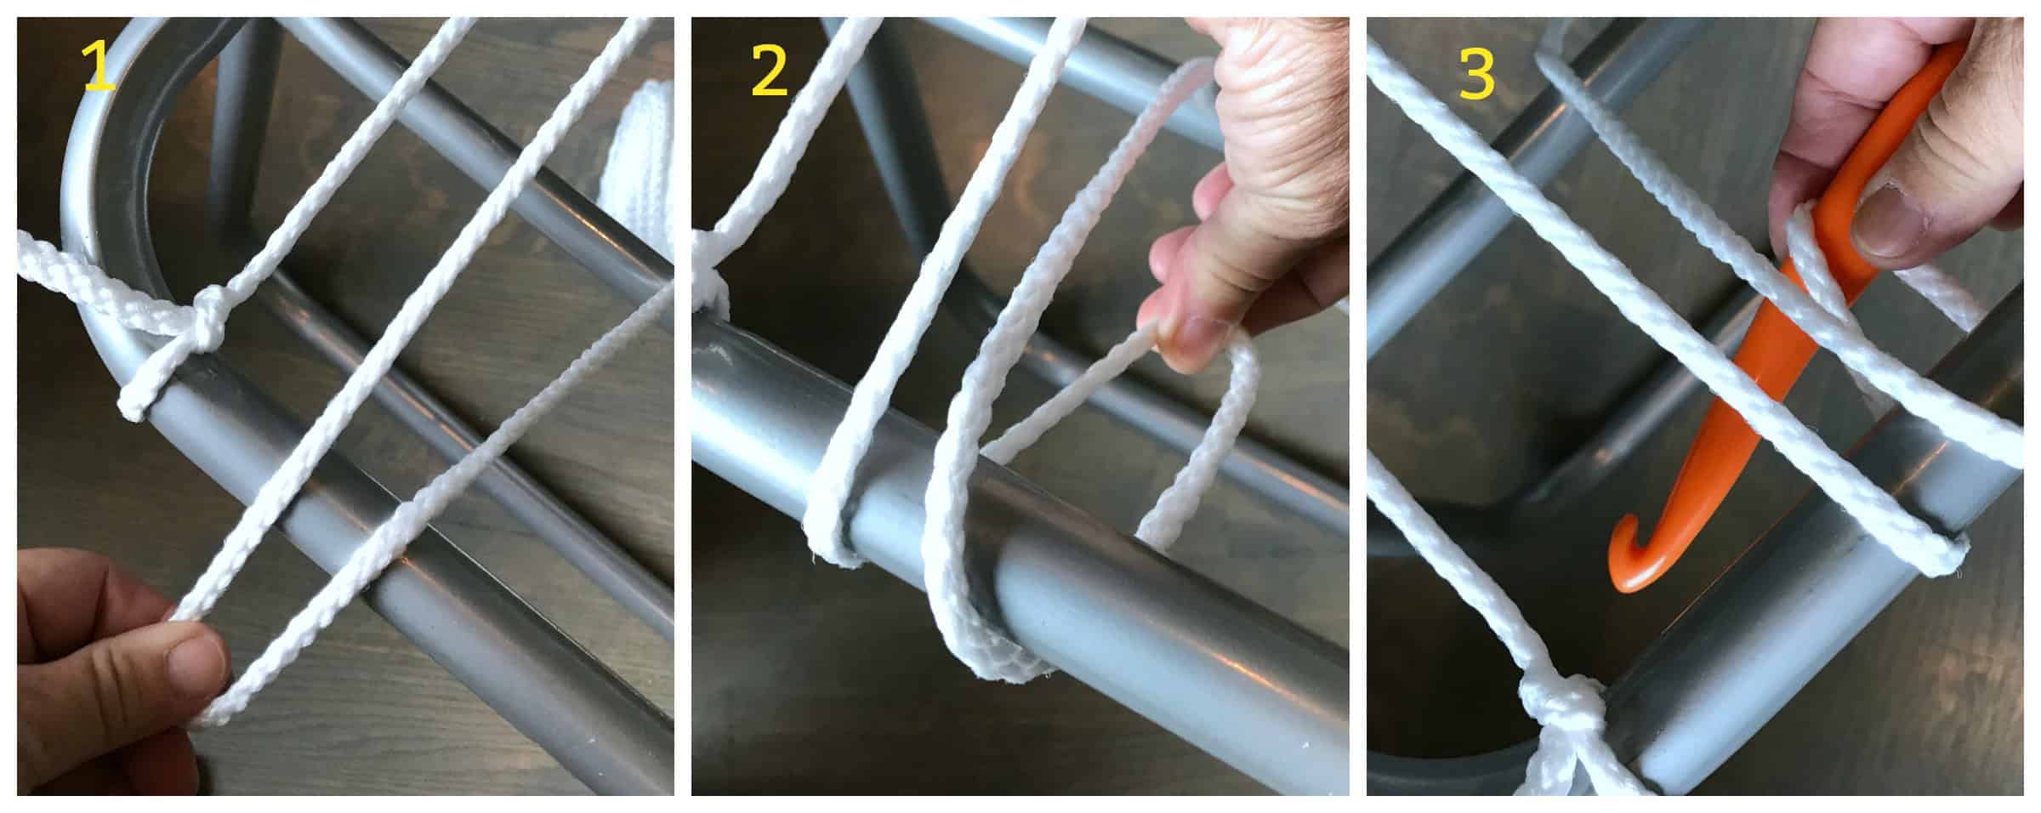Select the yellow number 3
point(1477,73)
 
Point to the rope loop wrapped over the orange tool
point(1820,264)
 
